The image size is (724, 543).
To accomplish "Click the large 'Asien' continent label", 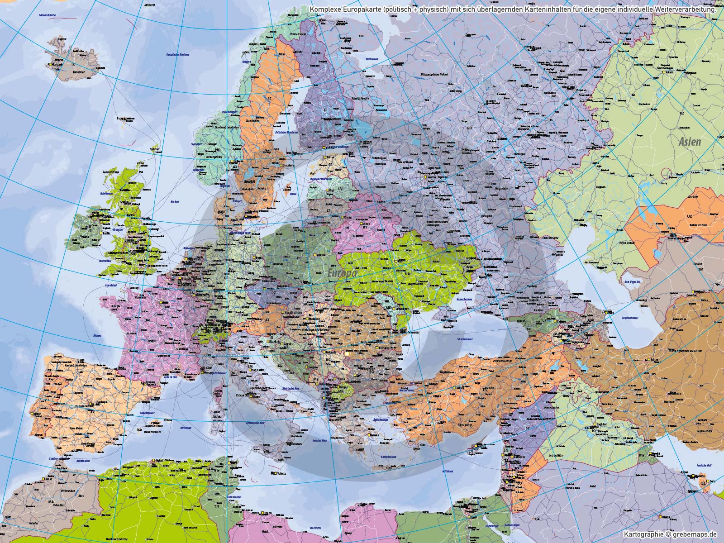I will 690,142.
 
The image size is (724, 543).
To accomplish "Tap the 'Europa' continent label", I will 343,273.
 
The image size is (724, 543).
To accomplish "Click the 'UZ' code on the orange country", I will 677,216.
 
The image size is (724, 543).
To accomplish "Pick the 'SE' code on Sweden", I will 270,98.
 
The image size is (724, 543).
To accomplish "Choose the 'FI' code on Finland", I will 325,110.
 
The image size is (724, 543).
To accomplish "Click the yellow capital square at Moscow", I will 425,177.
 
